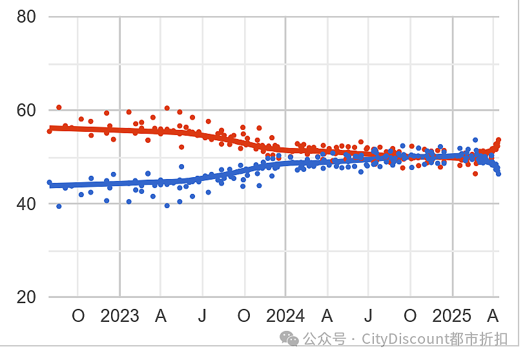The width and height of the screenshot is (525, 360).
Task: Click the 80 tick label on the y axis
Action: click(26, 16)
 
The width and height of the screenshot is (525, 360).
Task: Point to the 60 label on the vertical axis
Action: click(26, 111)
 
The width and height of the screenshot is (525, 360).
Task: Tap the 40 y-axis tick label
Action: click(26, 204)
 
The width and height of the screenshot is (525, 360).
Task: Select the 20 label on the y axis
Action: click(26, 297)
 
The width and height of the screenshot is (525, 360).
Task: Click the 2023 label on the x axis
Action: click(119, 316)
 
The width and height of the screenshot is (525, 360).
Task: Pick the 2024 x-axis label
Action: click(285, 316)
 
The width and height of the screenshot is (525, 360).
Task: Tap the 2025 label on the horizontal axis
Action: click(451, 316)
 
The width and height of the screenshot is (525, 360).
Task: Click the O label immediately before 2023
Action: click(78, 316)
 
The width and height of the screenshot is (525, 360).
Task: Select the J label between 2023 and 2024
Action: click(202, 316)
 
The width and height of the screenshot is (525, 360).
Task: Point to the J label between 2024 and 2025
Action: click(368, 316)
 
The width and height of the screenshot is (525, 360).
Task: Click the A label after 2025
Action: click(493, 316)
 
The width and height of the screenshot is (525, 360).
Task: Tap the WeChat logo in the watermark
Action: click(289, 339)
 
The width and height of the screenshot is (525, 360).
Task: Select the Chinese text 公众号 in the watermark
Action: click(324, 339)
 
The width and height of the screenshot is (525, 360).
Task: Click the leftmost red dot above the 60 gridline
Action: click(59, 107)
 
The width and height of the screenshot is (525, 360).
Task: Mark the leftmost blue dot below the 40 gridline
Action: click(59, 206)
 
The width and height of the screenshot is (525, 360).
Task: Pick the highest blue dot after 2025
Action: click(475, 140)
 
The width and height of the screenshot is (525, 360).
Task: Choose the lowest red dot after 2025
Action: click(475, 174)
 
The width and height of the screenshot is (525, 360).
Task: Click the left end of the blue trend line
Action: click(50, 185)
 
